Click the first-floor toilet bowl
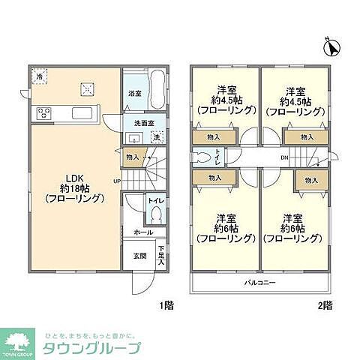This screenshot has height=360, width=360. [x=157, y=214]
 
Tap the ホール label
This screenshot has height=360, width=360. [x=139, y=233]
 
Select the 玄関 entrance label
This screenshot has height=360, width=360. [x=139, y=256]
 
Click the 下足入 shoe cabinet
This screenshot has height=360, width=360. [x=160, y=255]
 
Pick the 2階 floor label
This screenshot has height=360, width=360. [x=325, y=304]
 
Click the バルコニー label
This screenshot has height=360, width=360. [x=259, y=283]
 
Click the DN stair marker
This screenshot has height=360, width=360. [x=283, y=157]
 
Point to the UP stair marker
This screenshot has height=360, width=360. [x=117, y=181]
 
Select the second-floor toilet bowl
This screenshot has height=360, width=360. [x=202, y=158]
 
